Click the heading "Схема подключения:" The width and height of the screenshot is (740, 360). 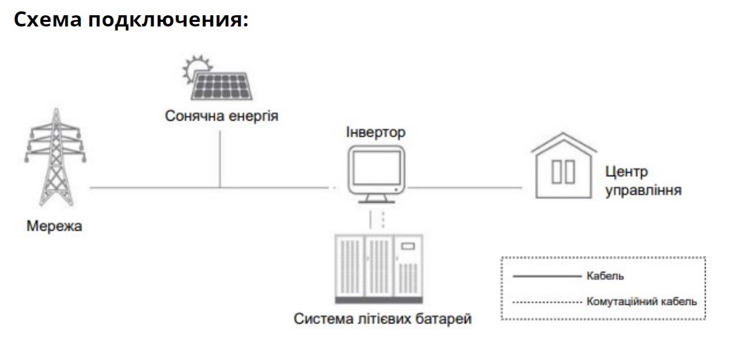click(x=131, y=20)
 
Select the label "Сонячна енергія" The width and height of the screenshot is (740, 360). click(x=221, y=117)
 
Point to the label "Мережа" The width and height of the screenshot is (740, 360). click(x=54, y=227)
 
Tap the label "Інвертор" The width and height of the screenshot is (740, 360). click(x=375, y=131)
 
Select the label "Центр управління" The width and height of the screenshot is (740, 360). click(x=643, y=181)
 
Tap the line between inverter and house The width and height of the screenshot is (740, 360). click(x=471, y=188)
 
